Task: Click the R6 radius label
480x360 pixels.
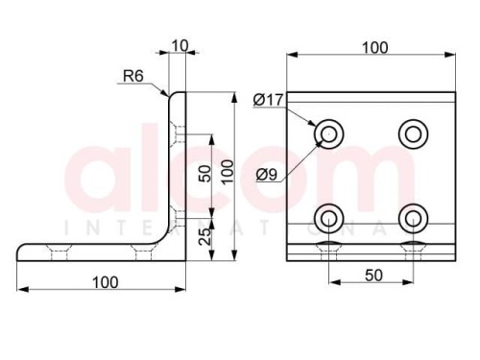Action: (133, 76)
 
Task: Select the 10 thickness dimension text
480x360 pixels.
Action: (180, 46)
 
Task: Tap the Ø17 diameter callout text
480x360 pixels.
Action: (268, 100)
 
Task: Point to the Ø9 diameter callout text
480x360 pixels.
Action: (267, 175)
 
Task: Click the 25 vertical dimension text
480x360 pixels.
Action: (205, 236)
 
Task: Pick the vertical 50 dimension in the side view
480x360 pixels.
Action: (205, 174)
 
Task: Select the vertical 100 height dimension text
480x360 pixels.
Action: (228, 172)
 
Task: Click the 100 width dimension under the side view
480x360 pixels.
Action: (106, 282)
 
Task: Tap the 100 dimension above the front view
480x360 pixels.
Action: (375, 48)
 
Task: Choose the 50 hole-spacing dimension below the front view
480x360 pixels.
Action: (373, 276)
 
